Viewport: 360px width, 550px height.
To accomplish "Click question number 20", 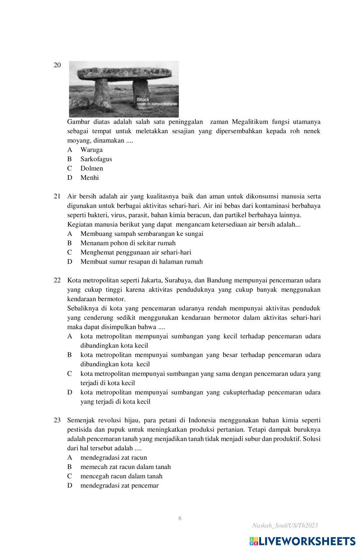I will click(x=57, y=65).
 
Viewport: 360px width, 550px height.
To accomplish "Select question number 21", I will click(x=57, y=196).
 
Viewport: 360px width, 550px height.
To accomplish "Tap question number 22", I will click(x=57, y=280).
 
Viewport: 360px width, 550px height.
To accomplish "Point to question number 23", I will click(x=57, y=420).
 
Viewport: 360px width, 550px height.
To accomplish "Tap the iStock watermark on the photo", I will click(x=143, y=99).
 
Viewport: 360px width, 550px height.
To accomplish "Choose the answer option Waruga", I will click(x=91, y=150).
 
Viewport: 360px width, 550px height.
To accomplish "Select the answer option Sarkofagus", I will click(x=96, y=159).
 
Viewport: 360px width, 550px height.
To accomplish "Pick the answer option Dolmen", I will click(x=91, y=168).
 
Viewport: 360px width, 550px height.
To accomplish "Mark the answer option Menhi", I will click(x=89, y=178).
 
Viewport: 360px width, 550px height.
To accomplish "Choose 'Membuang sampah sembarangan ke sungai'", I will click(x=141, y=234).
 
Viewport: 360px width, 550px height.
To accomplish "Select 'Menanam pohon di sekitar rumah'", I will click(x=128, y=243).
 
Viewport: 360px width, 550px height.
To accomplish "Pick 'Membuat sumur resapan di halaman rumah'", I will click(x=141, y=262).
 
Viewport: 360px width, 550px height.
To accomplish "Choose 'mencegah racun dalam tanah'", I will click(x=121, y=476).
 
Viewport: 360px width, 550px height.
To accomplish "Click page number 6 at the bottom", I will click(x=180, y=518).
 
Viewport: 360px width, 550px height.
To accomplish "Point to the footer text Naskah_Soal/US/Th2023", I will click(x=285, y=526).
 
